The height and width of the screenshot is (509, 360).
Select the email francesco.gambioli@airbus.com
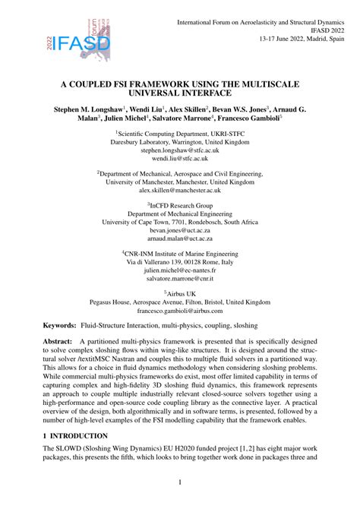tap(179, 311)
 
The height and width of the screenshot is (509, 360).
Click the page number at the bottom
tap(179, 482)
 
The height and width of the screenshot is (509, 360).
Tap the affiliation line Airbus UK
tap(180, 292)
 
